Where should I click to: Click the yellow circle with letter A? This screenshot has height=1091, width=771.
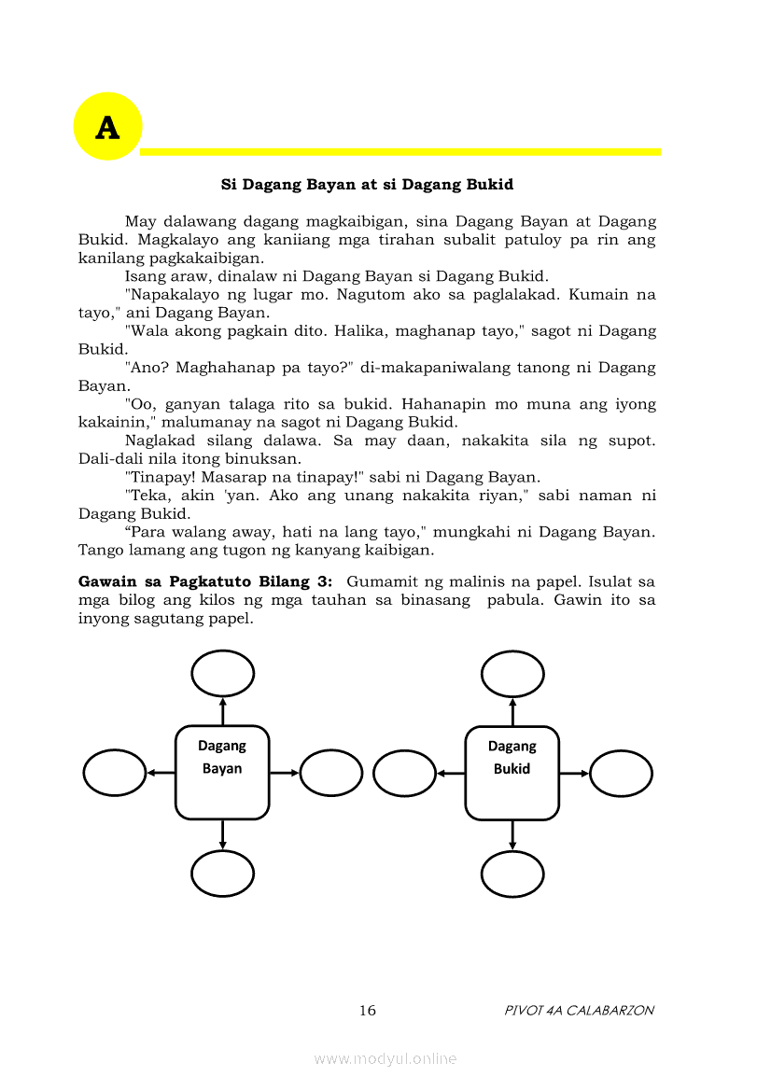click(107, 127)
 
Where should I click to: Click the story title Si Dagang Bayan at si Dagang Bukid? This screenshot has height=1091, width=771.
click(367, 185)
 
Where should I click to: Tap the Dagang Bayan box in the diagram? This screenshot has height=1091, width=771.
click(222, 772)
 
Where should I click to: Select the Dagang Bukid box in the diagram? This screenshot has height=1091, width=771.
click(512, 772)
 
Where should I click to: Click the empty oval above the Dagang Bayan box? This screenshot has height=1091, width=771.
click(222, 673)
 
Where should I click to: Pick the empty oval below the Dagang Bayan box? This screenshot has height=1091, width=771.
click(222, 874)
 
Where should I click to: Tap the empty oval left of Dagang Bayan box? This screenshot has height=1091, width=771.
click(115, 773)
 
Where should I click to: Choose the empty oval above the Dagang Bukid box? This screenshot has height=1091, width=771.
click(512, 673)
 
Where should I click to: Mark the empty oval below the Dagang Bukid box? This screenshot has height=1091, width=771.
click(512, 874)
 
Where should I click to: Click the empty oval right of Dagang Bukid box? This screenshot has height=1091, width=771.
click(621, 773)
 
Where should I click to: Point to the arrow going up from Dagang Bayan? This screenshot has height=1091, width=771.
click(222, 710)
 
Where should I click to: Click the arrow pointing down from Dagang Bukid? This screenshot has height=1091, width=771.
click(512, 835)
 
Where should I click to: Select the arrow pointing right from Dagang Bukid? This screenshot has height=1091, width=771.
click(575, 773)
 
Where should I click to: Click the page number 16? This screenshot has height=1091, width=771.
click(367, 1011)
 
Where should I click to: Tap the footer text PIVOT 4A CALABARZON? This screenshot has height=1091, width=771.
click(579, 1011)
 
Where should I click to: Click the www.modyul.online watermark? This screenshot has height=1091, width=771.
click(385, 1058)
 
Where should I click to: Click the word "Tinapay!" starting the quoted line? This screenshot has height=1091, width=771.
click(158, 477)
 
